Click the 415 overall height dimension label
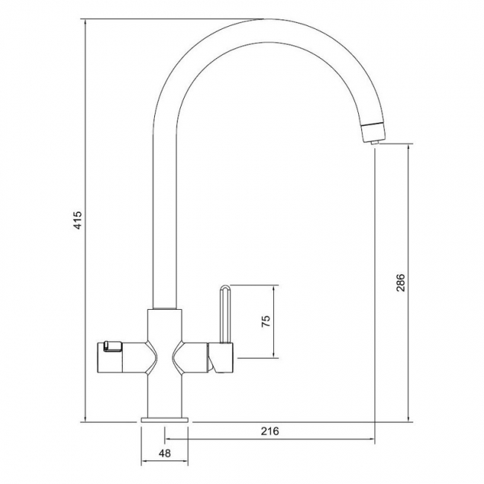(78, 220)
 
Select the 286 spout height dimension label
(401, 282)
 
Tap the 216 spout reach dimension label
(270, 431)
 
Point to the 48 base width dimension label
(165, 453)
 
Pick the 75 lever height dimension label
(266, 322)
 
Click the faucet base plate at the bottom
(165, 420)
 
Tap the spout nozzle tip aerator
(374, 133)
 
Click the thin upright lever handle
(225, 314)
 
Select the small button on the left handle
(112, 346)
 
